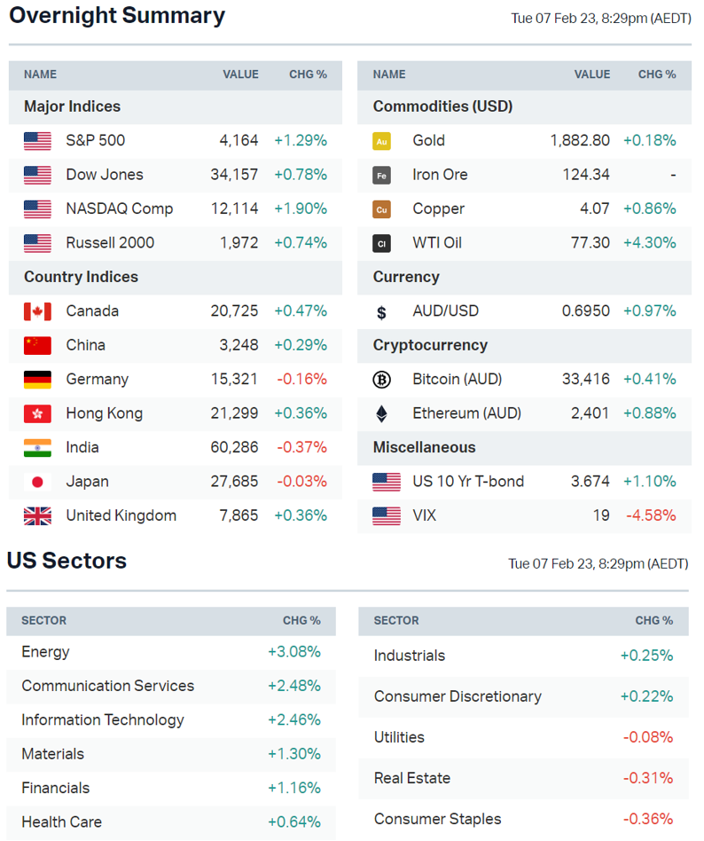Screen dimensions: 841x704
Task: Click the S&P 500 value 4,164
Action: (x=239, y=140)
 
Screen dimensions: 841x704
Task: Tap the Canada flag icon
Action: (x=37, y=311)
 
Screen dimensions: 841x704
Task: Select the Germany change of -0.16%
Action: (x=301, y=380)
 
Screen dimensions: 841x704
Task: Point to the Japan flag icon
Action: (x=37, y=482)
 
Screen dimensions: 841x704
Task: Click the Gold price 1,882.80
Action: (x=580, y=140)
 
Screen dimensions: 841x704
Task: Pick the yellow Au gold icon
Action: (x=381, y=141)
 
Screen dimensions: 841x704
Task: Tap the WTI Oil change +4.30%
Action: (x=649, y=243)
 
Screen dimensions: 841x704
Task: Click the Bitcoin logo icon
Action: (x=381, y=380)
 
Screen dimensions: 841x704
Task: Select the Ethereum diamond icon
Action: (x=381, y=413)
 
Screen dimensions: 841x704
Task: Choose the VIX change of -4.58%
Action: (x=651, y=515)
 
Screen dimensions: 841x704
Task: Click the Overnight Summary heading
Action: (x=117, y=16)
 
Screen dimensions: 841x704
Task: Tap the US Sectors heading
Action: (x=66, y=561)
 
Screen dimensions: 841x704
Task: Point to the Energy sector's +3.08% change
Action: (x=293, y=652)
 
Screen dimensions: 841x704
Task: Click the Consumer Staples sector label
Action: (x=437, y=819)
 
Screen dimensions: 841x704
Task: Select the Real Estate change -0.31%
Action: (x=647, y=778)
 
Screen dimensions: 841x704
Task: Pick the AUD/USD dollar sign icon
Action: (x=381, y=312)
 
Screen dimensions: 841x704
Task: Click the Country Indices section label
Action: (x=81, y=277)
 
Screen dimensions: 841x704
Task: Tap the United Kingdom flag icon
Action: (x=37, y=515)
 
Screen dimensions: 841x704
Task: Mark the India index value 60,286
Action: (x=234, y=447)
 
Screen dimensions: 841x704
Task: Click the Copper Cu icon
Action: (x=381, y=209)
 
